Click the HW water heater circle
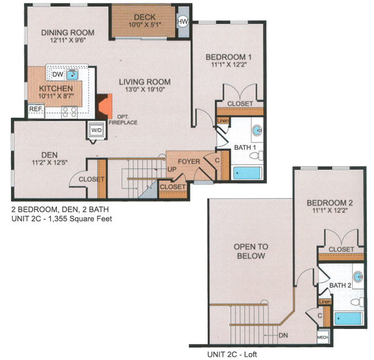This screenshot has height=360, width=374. pos(183,22)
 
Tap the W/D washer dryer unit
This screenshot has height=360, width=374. pos(96,130)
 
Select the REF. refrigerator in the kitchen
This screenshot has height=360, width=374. pos(36,110)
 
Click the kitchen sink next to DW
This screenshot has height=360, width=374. pos(72,75)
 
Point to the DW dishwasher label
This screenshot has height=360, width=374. pos(58,74)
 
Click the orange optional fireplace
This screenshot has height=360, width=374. pos(105,106)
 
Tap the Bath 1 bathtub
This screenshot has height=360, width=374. pos(247,173)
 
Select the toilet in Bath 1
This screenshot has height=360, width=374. pos(257,156)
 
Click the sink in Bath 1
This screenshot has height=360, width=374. pos(257,131)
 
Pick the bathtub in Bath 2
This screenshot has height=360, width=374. pos(348,319)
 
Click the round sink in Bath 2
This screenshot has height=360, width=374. pos(358,277)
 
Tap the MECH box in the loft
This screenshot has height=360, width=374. pos(323,337)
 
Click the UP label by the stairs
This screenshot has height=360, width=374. pos(171,170)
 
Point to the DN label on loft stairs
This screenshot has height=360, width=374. pos(283,335)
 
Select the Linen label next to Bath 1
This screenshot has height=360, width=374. pos(223,121)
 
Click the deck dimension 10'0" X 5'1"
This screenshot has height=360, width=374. pos(145,24)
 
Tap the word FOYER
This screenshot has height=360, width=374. pos(189,162)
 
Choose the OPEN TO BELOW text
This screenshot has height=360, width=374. pos(251,251)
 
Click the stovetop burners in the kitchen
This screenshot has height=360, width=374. pos(70,113)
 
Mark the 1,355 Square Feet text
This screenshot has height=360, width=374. pos(80,219)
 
